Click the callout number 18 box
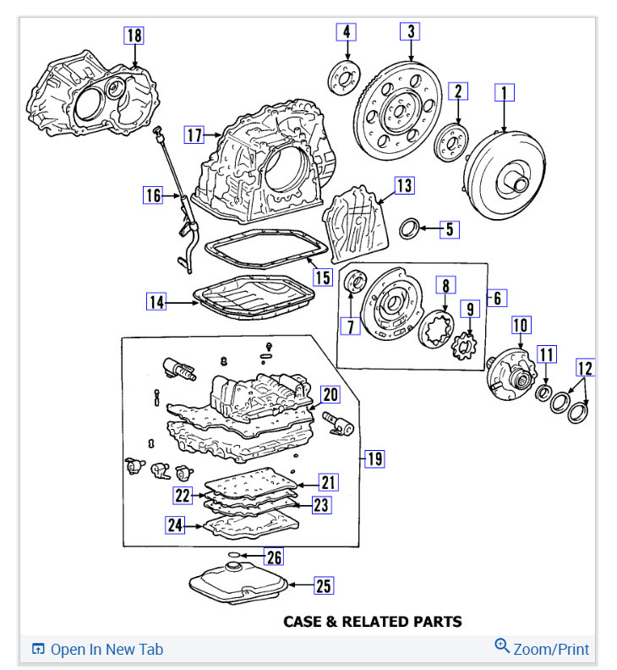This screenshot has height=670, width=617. tap(134, 36)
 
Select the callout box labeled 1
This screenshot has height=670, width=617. tap(505, 92)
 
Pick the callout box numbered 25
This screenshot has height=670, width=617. tap(323, 585)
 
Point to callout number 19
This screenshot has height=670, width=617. tap(374, 459)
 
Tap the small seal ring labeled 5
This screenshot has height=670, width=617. tap(409, 228)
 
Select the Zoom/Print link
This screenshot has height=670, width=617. tap(551, 650)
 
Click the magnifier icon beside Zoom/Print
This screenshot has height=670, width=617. tap(502, 647)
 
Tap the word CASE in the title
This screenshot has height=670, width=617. tap(302, 622)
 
